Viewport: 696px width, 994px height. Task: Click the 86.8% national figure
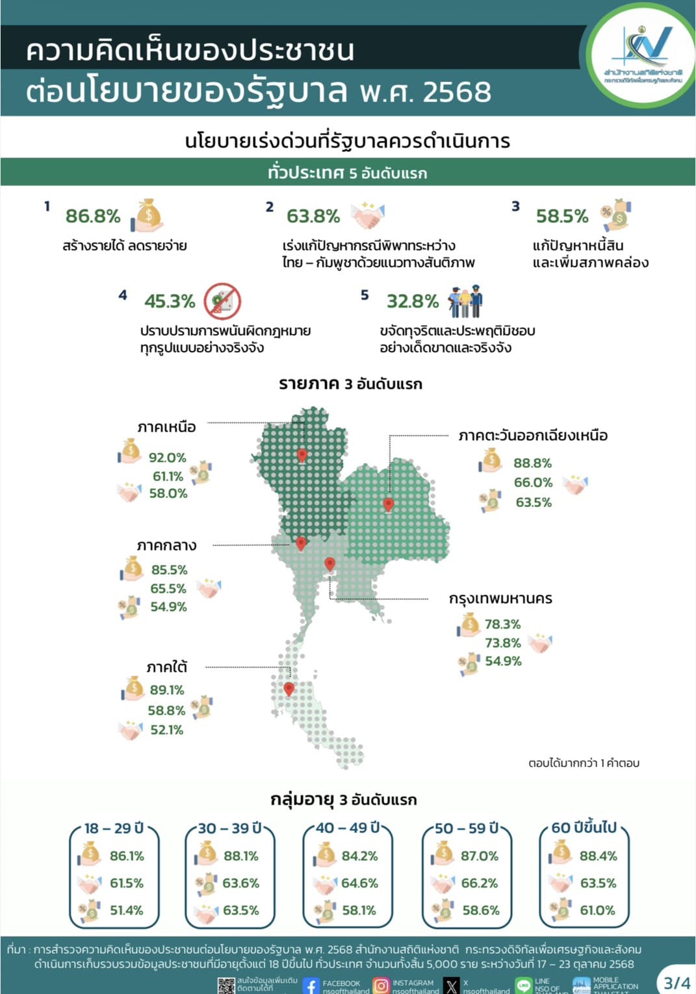click(x=93, y=216)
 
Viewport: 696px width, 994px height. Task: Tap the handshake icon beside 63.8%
click(x=368, y=215)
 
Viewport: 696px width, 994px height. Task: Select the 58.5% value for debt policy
click(x=561, y=216)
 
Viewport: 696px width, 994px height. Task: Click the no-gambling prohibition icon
click(x=222, y=301)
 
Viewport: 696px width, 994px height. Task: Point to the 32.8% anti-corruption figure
click(x=413, y=301)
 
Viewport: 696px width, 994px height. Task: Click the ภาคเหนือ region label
click(x=166, y=427)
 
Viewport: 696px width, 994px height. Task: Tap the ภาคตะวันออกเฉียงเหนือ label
click(x=533, y=436)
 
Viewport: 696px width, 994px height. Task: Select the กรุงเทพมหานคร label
click(x=500, y=599)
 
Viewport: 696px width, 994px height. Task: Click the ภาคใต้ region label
click(x=167, y=668)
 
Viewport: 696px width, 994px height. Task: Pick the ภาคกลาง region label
click(x=166, y=545)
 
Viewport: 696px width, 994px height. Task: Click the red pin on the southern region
click(x=289, y=688)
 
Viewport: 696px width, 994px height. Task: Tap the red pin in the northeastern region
click(x=389, y=504)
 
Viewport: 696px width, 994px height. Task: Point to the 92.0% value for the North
click(x=167, y=458)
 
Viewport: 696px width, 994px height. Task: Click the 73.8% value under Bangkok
click(x=502, y=643)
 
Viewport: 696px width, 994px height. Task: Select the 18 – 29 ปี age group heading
click(x=114, y=828)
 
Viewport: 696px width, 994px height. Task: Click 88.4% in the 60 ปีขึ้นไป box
click(x=598, y=856)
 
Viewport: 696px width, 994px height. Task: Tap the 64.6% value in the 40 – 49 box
click(x=359, y=883)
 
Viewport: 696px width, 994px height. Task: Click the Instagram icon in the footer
click(x=381, y=986)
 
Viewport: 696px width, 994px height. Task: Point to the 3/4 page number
click(x=677, y=982)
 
